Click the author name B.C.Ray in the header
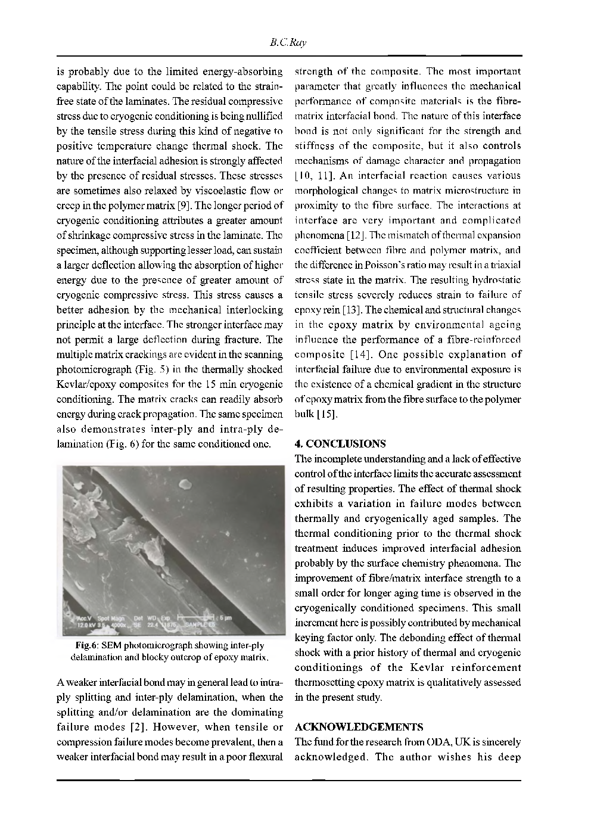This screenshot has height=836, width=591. [x=288, y=42]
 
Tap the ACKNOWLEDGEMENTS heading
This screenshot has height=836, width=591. [x=359, y=727]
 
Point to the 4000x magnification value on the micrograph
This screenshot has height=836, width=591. [x=118, y=624]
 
